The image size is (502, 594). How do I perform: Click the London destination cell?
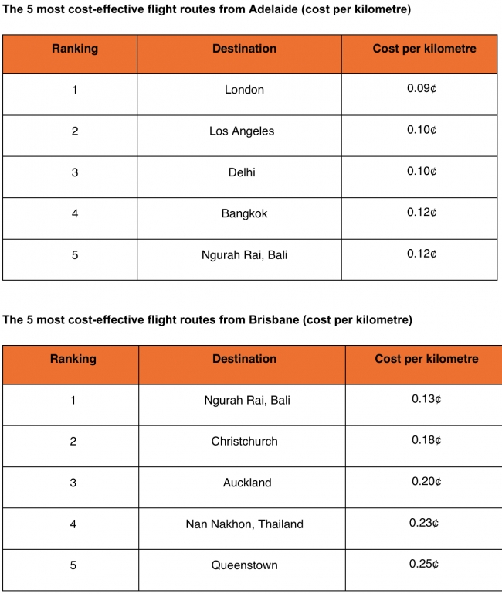click(x=244, y=90)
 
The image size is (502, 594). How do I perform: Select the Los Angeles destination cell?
click(x=242, y=131)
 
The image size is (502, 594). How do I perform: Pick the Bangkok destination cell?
click(x=244, y=213)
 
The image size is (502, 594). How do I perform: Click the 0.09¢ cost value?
click(x=422, y=89)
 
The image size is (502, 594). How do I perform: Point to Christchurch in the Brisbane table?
click(x=244, y=442)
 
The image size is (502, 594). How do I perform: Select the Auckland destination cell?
click(x=247, y=483)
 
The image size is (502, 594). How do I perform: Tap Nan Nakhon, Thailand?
click(x=244, y=524)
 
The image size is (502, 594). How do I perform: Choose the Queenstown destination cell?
click(x=244, y=565)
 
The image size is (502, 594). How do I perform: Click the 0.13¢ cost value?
click(x=426, y=399)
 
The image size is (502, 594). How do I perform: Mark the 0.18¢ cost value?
click(x=426, y=441)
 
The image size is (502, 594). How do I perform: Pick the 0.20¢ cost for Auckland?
click(x=426, y=482)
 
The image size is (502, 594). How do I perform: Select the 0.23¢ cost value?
click(x=424, y=523)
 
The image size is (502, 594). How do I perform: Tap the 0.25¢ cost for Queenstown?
click(x=424, y=564)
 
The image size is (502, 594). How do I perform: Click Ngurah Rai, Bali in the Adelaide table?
click(x=244, y=254)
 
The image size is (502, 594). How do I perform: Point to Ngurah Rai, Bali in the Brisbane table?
click(x=247, y=401)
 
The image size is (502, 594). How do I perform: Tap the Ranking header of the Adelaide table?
click(x=75, y=49)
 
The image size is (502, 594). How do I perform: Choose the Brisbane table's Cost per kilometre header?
click(x=426, y=359)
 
